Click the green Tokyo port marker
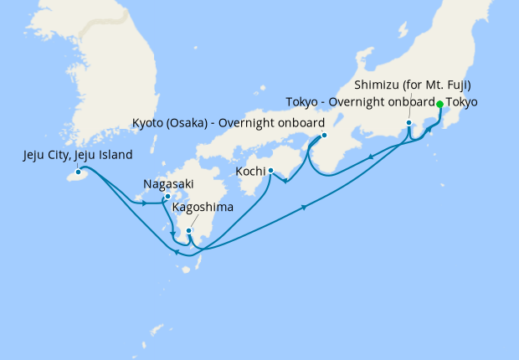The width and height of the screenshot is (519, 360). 440,104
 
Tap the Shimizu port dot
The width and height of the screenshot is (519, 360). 409,123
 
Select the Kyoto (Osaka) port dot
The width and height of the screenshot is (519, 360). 324,135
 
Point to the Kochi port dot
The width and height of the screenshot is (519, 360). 270,171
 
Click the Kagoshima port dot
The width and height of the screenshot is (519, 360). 189,230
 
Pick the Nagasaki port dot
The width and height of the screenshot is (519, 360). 167,197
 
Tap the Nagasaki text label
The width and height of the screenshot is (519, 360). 170,181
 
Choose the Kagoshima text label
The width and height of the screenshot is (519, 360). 203,207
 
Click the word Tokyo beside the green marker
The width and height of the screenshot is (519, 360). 463,103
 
